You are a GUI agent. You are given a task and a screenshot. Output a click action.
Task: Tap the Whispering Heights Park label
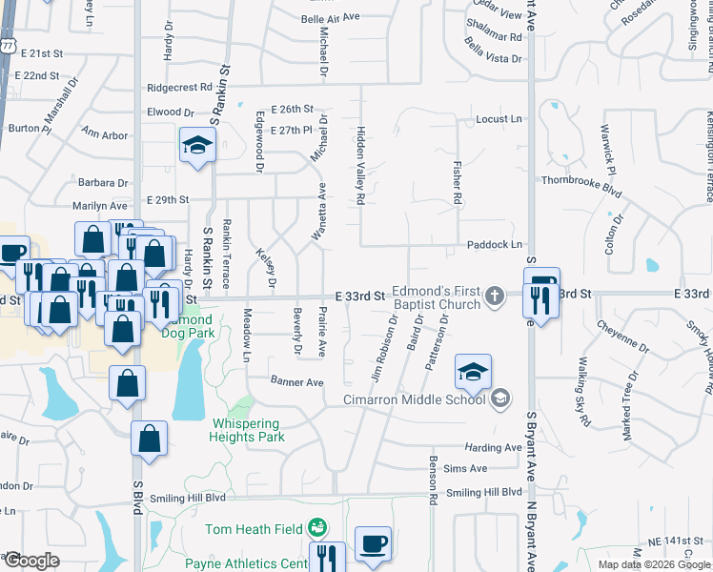tap(245, 430)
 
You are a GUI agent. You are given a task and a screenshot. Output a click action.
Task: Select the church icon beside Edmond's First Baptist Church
tap(494, 296)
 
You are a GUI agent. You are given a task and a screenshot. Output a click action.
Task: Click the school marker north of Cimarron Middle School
tap(472, 373)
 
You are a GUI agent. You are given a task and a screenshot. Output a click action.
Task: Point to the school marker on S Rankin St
tap(197, 146)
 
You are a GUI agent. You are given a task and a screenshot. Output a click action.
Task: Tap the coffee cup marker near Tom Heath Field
tap(373, 544)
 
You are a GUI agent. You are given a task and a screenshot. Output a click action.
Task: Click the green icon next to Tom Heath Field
tap(317, 527)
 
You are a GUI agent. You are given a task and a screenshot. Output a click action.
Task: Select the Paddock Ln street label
tap(494, 245)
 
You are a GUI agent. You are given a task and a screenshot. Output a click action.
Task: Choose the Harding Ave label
tap(493, 448)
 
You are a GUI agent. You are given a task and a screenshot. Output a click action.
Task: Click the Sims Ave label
tap(465, 468)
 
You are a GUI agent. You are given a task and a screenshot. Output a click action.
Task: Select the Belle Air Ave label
tap(330, 17)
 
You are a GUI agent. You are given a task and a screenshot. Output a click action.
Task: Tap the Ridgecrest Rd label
tap(184, 88)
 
